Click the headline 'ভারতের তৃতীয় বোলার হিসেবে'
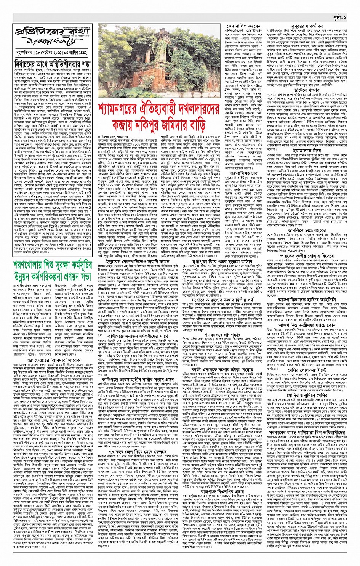click(x=307, y=256)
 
